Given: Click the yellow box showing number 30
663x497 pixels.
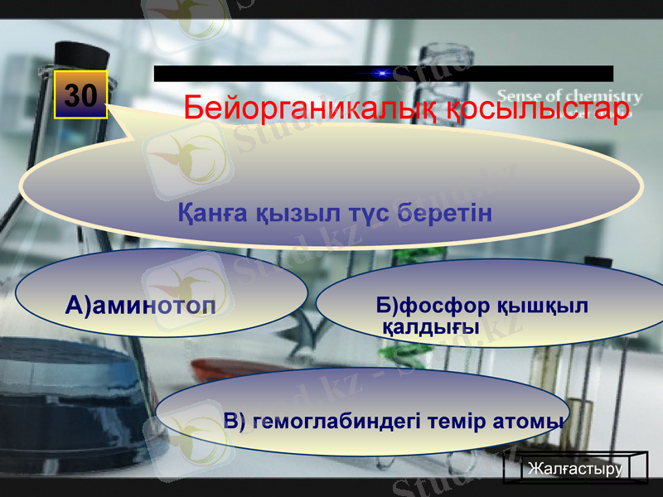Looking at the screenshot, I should click(81, 95).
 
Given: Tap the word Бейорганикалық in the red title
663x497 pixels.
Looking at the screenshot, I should click(312, 109).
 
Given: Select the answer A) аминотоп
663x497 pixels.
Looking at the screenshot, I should click(141, 307).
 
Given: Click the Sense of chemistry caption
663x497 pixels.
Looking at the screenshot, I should click(569, 96).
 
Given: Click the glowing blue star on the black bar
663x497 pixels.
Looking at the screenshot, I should click(381, 74).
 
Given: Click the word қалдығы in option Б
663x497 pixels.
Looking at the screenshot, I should click(431, 327).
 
